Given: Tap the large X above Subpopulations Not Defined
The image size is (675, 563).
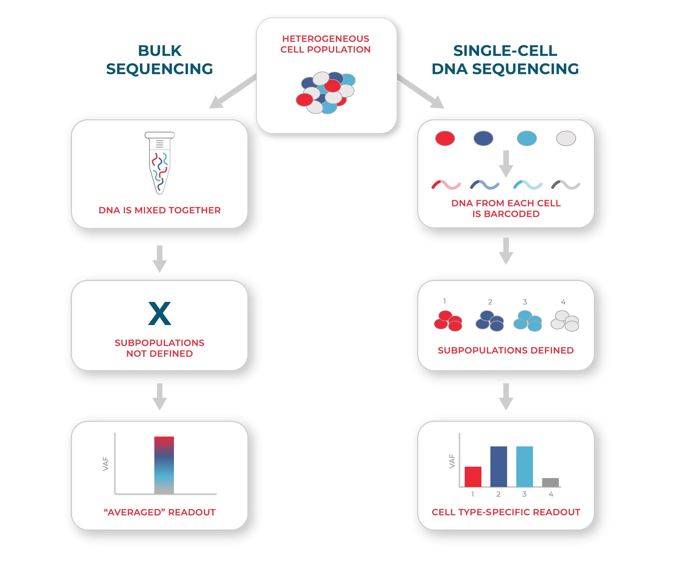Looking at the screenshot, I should (159, 313).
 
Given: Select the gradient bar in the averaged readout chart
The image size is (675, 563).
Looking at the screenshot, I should (164, 465).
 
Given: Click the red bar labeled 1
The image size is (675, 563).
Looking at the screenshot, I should (473, 477).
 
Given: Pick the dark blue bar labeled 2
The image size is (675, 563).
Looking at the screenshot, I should (499, 466).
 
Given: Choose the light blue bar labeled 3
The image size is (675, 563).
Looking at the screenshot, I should (524, 466).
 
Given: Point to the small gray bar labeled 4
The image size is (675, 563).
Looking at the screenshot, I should (550, 482).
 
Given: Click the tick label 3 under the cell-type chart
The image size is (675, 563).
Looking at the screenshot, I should (524, 494).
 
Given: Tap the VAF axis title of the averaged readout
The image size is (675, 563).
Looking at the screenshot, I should (106, 464).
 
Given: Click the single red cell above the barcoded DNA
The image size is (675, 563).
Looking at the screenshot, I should (445, 138).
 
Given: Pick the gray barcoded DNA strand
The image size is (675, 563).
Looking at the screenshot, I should (565, 185).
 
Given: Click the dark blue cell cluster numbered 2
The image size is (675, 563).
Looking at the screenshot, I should (490, 321).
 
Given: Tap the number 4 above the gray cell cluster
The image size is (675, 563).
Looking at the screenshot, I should (563, 302).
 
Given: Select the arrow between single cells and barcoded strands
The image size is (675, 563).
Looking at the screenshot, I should (506, 164).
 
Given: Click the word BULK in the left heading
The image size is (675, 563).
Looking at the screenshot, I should (160, 51).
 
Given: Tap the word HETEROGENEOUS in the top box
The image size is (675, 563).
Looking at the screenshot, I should (326, 39).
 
